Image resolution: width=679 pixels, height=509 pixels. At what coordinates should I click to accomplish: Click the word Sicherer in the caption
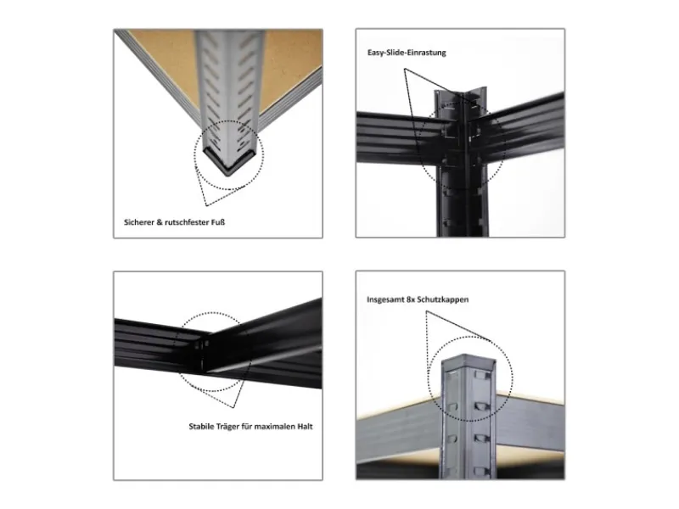point(138,222)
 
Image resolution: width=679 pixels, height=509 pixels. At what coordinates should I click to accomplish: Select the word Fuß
point(218,222)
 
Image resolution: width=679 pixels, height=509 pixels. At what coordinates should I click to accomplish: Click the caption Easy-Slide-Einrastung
point(407,53)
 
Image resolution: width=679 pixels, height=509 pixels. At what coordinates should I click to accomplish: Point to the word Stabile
point(201,427)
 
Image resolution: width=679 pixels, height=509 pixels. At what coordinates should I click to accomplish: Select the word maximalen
point(274,427)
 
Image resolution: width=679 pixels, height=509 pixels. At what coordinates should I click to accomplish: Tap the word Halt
point(305,427)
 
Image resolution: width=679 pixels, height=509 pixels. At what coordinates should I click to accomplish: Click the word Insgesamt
point(385,299)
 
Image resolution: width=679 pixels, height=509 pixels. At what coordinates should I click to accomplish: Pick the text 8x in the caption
point(411,299)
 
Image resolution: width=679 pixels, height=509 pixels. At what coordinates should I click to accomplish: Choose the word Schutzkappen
point(442,299)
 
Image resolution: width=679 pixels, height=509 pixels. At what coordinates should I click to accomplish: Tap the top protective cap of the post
point(469,361)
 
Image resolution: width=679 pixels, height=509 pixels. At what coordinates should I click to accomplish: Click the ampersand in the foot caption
point(160,222)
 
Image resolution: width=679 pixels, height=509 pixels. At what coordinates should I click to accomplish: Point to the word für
point(247,427)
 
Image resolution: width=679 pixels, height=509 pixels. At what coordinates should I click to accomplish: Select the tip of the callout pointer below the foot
point(206,205)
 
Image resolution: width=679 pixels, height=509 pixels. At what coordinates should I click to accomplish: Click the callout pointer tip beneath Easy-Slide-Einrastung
point(405,69)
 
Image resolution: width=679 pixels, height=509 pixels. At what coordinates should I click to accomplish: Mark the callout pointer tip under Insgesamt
point(426,311)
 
